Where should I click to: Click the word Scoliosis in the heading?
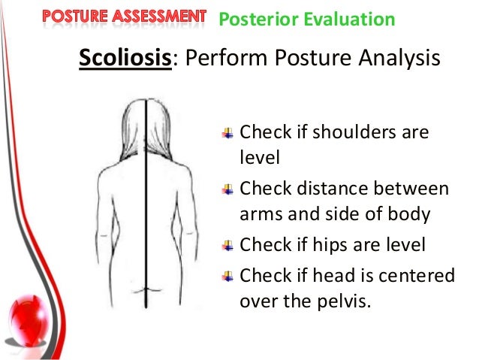[x=125, y=58]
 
